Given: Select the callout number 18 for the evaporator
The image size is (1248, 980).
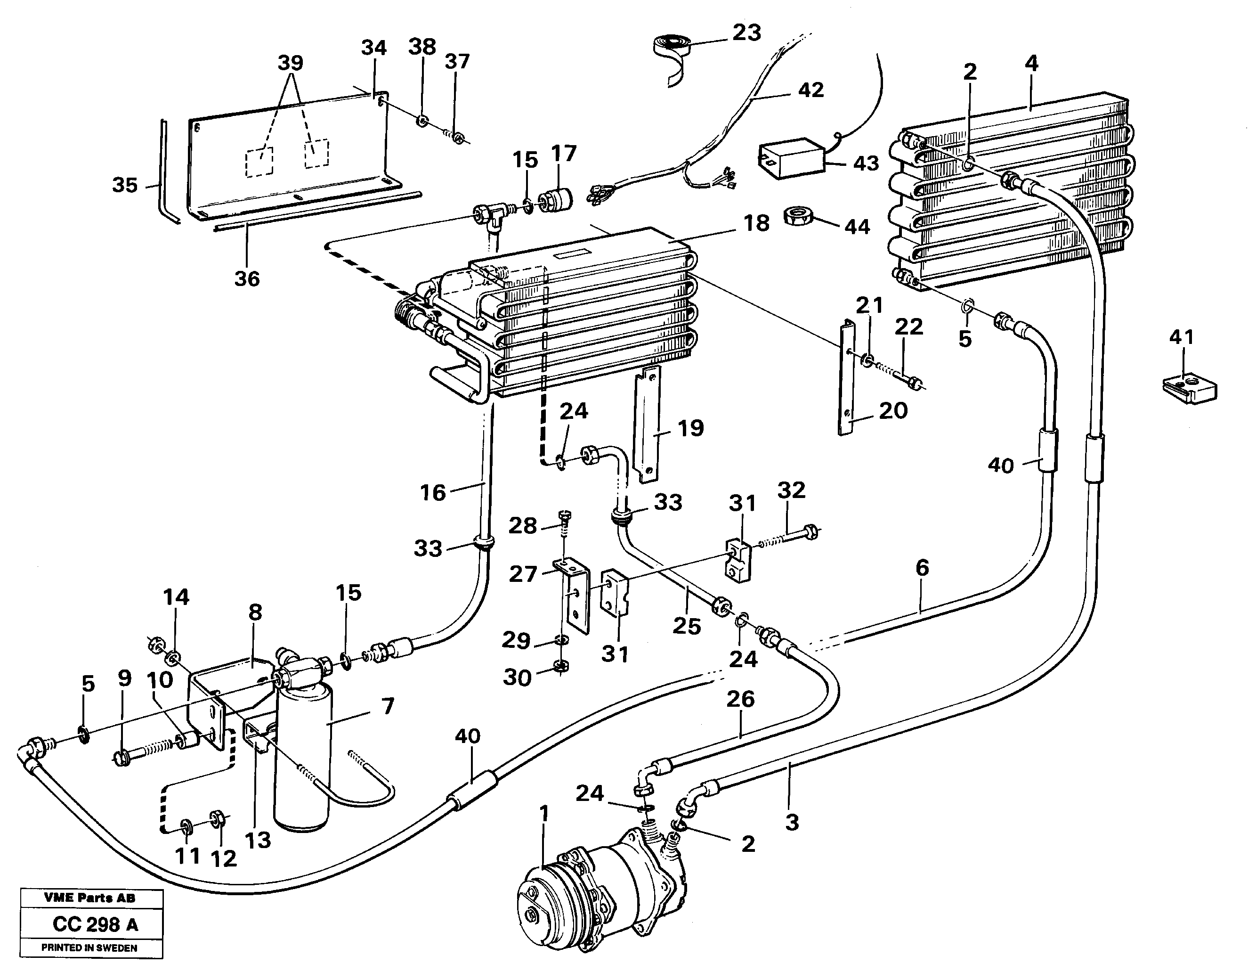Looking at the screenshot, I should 756,223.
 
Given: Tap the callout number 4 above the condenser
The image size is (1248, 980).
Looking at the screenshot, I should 1031,63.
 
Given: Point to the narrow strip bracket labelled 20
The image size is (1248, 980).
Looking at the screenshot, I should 846,379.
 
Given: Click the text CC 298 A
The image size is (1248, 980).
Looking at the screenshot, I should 95,924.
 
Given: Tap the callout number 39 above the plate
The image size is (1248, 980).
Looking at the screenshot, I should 290,63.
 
